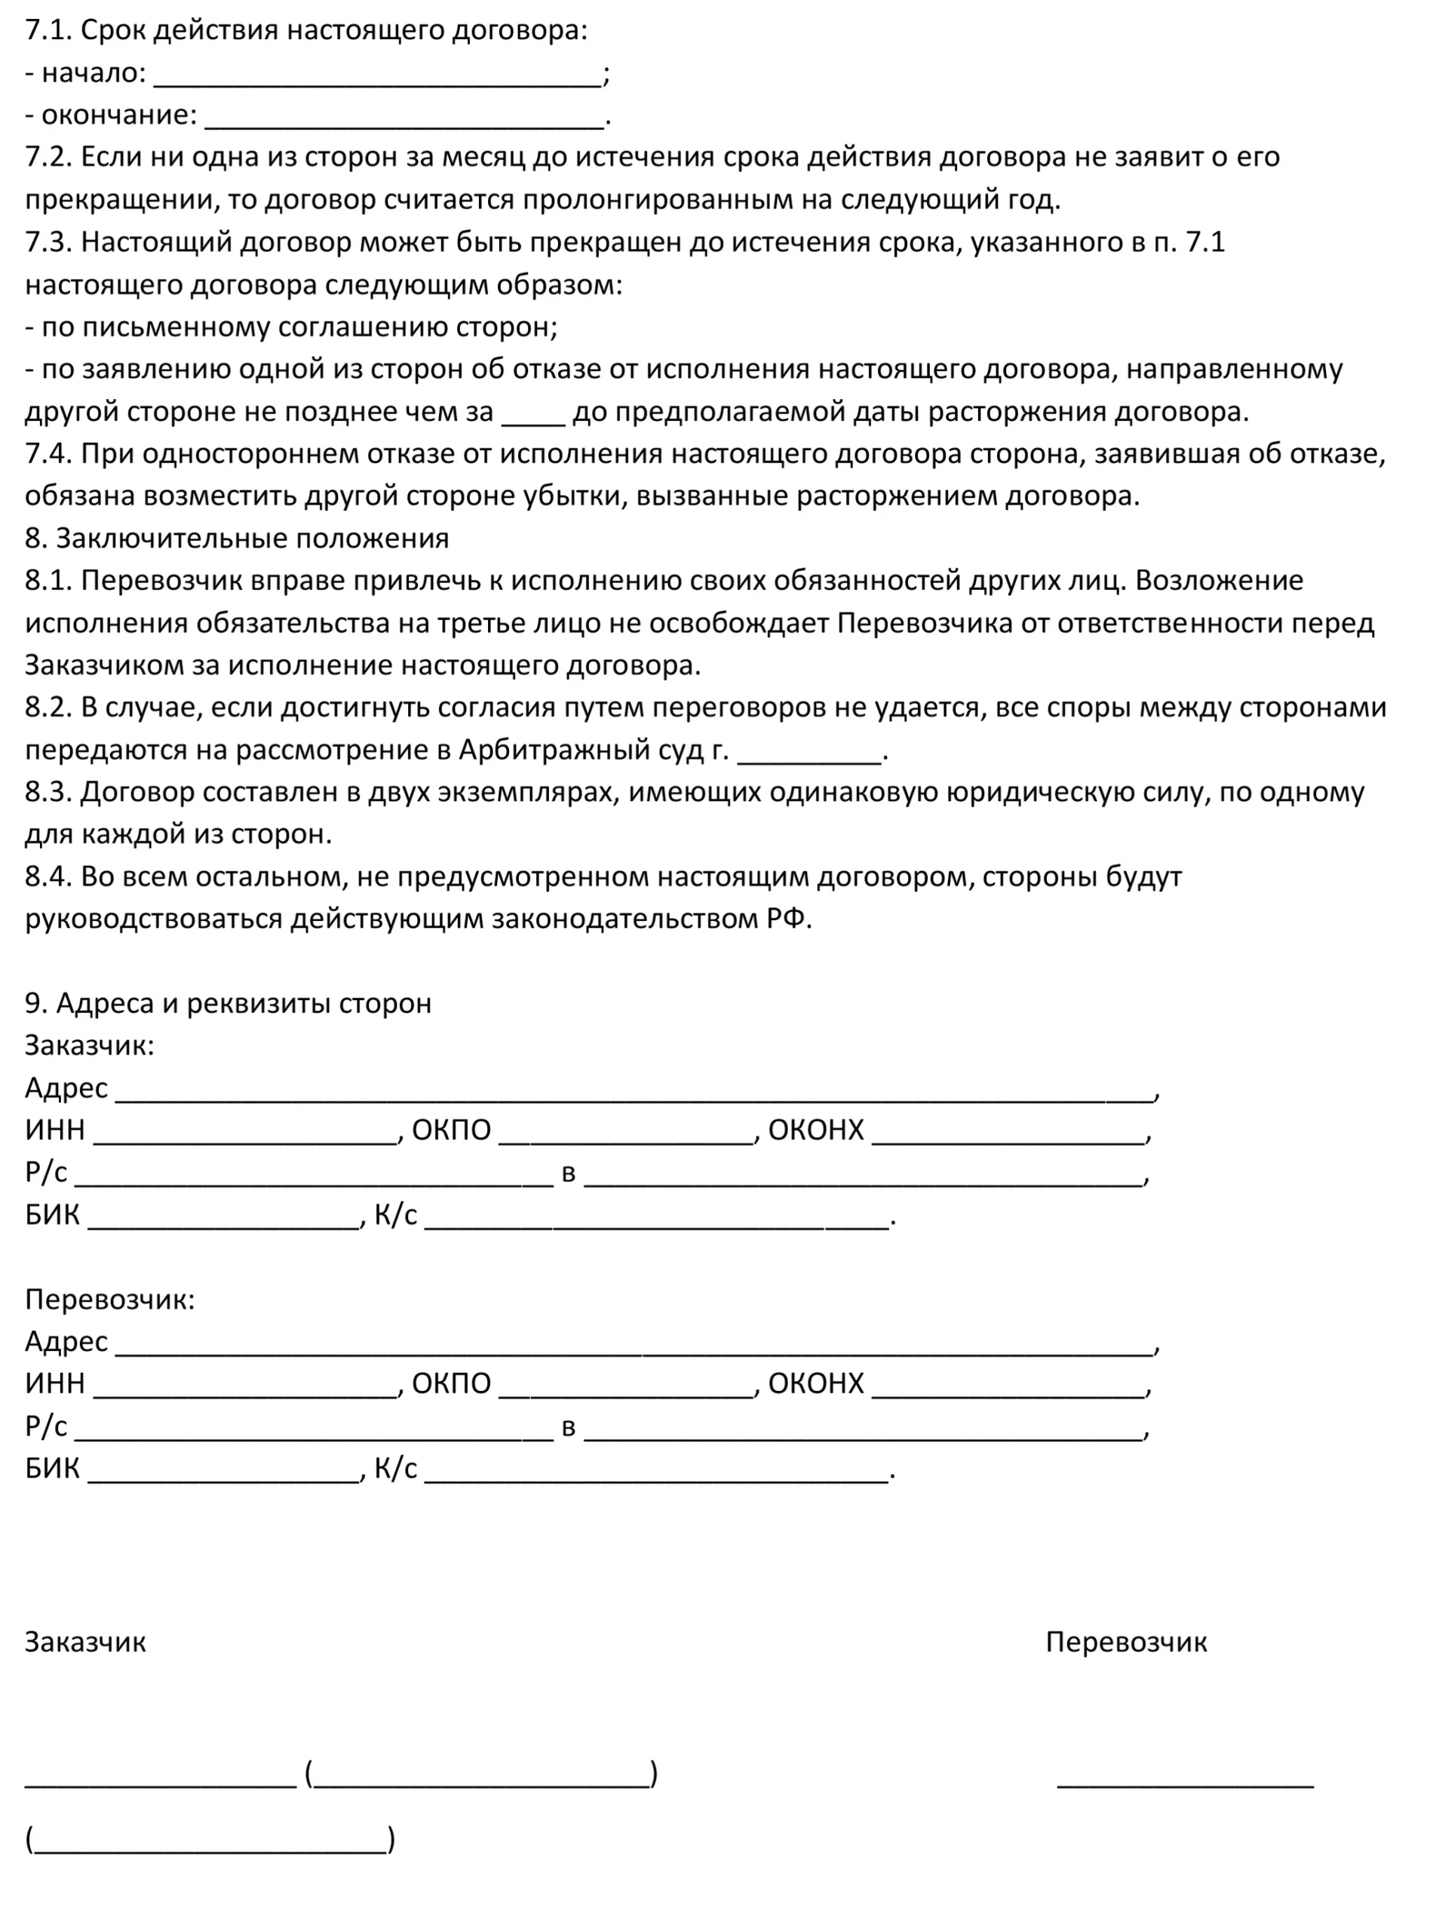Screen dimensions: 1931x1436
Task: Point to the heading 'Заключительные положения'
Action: (252, 539)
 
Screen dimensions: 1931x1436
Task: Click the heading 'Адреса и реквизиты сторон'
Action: (244, 1004)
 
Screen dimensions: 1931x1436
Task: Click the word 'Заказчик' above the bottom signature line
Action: (85, 1642)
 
